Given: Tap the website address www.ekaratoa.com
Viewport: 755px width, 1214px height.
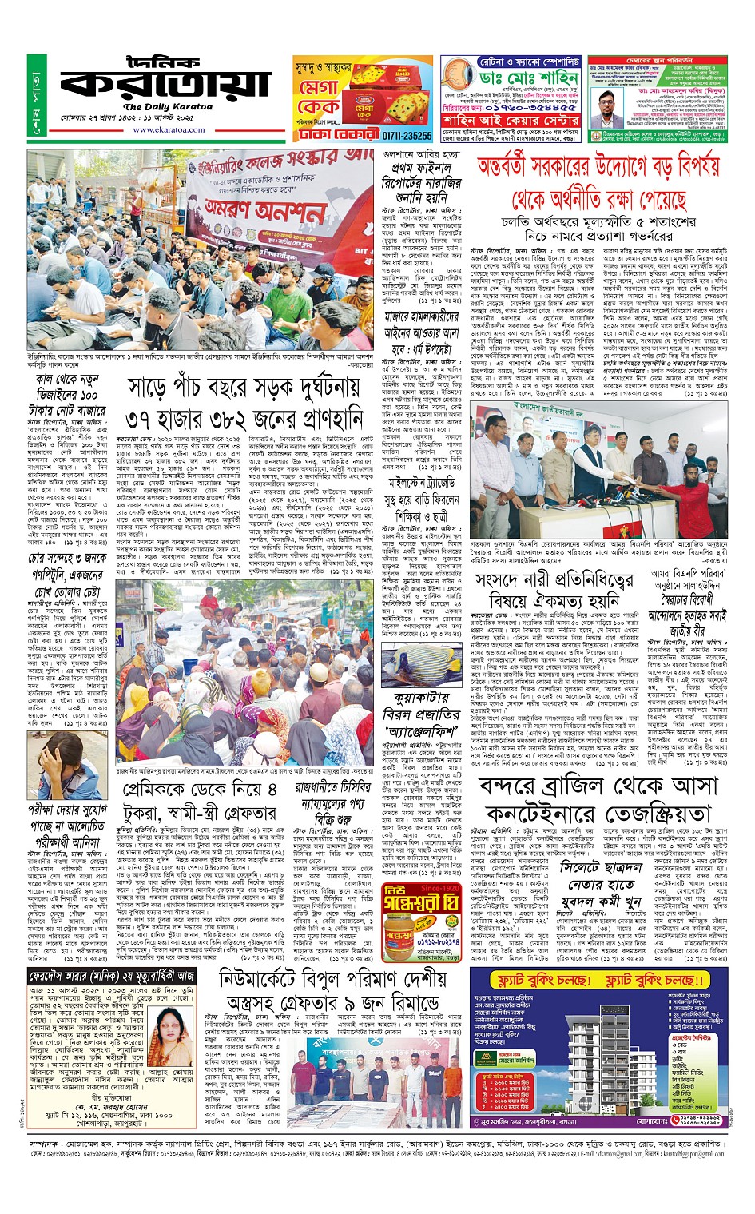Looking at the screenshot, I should click(169, 129).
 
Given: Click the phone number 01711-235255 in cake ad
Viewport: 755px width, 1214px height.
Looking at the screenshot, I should click(406, 136).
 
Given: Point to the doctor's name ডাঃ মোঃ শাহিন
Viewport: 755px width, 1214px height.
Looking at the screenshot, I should click(530, 78).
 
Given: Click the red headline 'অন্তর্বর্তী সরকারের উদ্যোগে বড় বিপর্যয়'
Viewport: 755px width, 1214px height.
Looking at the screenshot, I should click(598, 167).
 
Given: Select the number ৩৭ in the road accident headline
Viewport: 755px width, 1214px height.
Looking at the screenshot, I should click(153, 419).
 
